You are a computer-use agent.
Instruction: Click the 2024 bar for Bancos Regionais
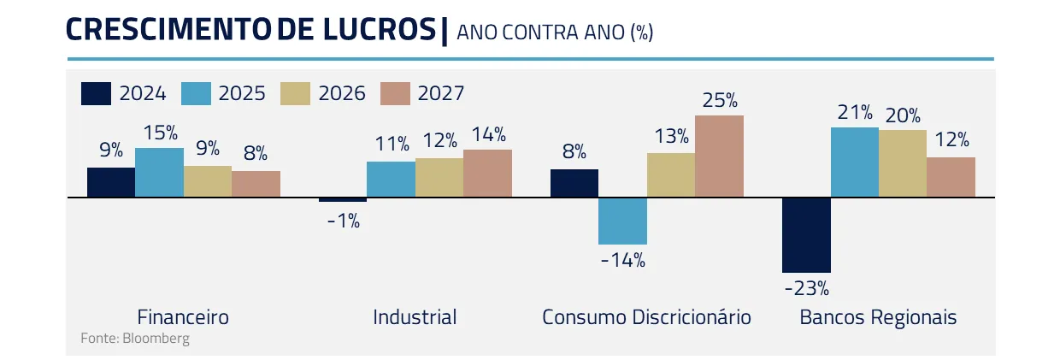pos(806,235)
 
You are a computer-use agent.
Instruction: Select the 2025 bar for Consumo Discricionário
pos(622,221)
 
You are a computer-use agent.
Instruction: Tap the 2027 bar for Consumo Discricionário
pos(719,156)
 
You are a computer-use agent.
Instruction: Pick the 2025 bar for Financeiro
pos(159,173)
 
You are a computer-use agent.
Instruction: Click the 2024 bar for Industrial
pos(343,200)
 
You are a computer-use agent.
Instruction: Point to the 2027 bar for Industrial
pos(487,174)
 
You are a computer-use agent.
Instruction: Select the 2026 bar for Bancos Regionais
pos(903,164)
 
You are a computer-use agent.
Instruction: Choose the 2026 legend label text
pos(342,93)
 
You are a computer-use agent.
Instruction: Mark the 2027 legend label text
pos(441,93)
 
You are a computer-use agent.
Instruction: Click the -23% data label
pos(806,288)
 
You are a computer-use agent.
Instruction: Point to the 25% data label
pos(720,101)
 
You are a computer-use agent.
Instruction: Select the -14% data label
pos(622,260)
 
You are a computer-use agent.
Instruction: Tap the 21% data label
pos(855,113)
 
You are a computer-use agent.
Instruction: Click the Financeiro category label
pos(183,317)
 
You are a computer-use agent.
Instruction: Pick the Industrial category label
pos(415,317)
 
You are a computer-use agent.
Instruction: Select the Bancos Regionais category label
pos(878,317)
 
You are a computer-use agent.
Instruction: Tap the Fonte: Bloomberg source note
pos(135,338)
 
